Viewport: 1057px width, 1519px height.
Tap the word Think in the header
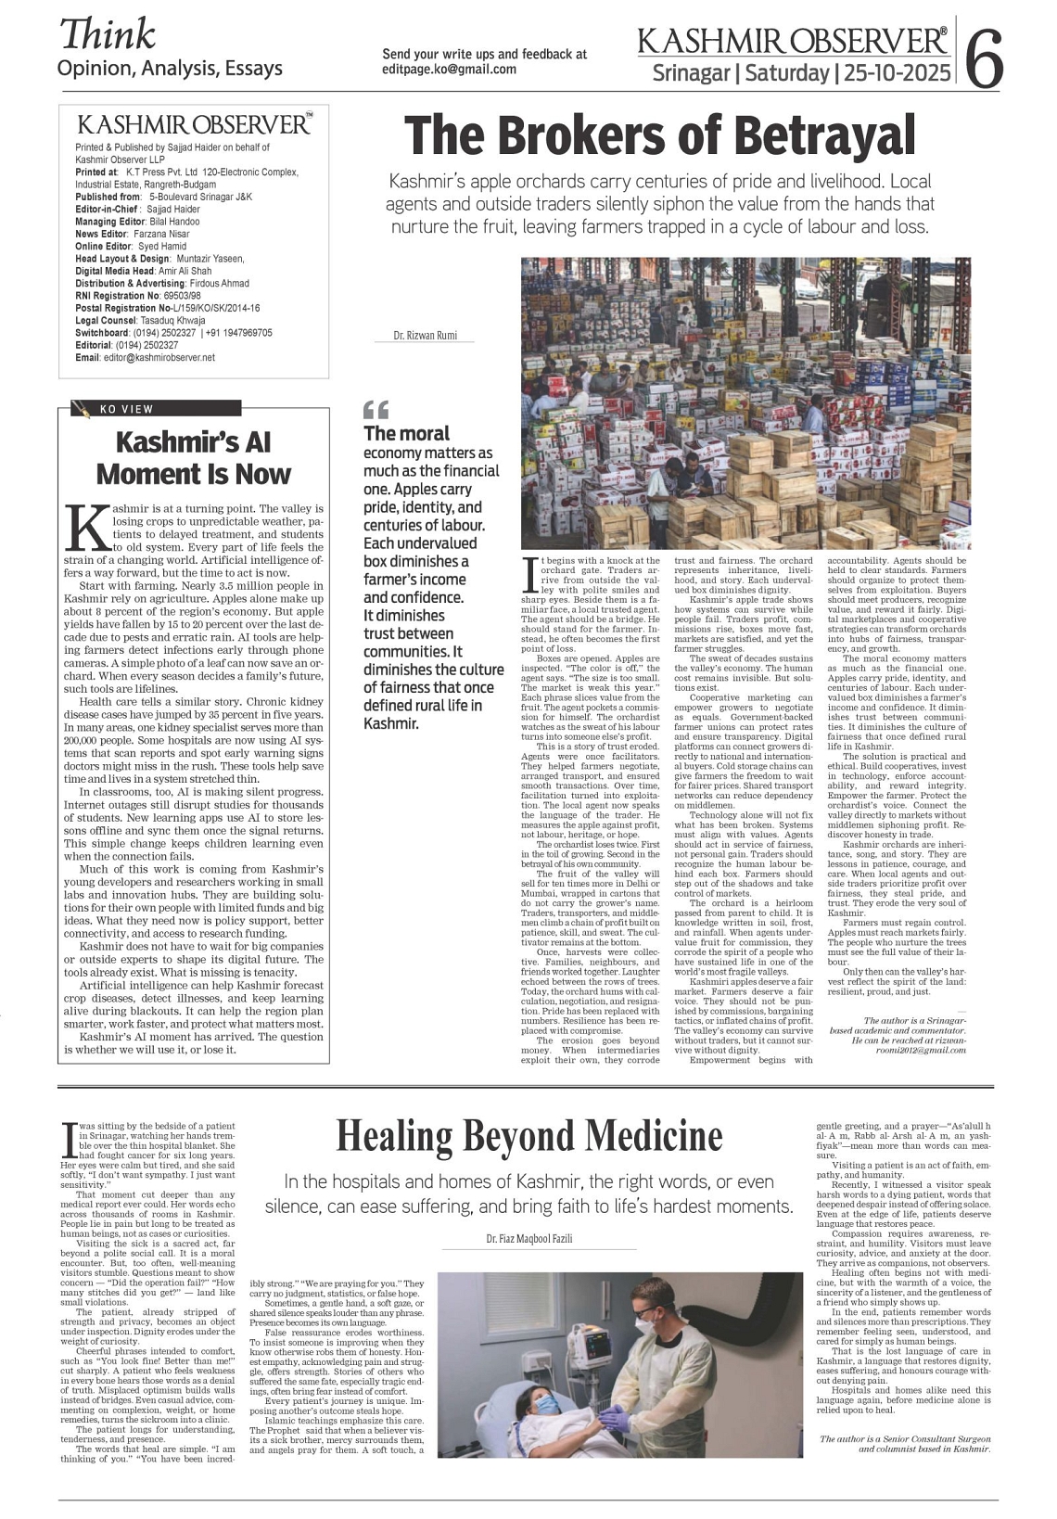107,34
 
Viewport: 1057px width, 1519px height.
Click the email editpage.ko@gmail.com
449,70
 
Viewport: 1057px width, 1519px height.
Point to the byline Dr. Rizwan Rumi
425,336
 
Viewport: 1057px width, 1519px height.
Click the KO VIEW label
126,409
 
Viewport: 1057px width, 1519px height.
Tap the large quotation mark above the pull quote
376,409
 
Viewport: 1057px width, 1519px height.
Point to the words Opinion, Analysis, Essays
170,68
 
